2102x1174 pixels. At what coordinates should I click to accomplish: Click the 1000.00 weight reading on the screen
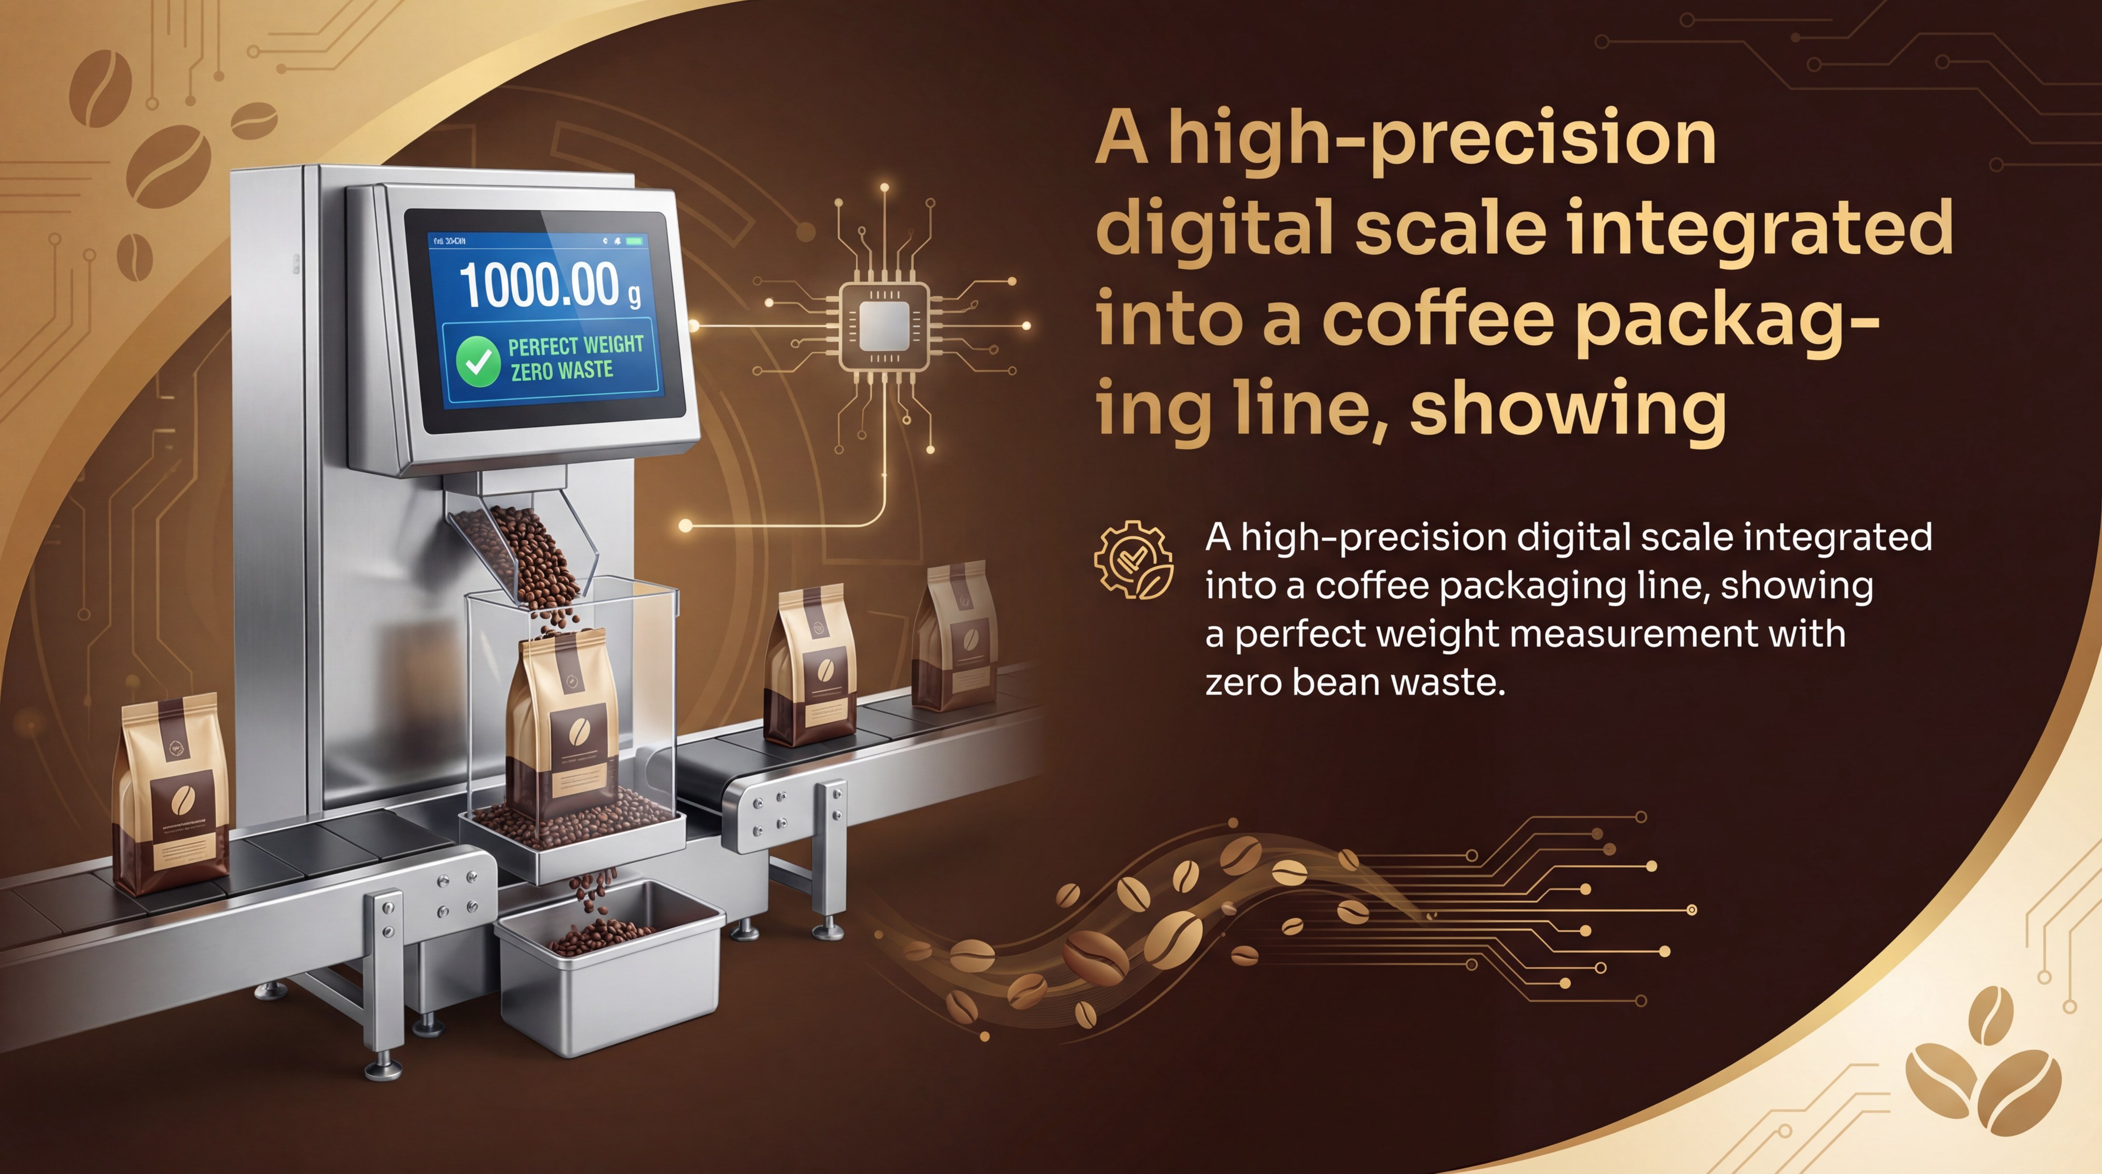[x=538, y=284]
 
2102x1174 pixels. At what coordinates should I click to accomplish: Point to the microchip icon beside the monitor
[x=885, y=324]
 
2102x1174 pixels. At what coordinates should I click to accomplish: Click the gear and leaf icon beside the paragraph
[x=1134, y=560]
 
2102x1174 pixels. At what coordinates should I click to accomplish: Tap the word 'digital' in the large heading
[x=1216, y=229]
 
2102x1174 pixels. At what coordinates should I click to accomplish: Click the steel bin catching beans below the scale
[x=608, y=968]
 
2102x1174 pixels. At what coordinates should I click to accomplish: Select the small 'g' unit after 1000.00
[x=634, y=295]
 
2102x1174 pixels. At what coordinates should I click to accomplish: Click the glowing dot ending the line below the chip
[x=686, y=526]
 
